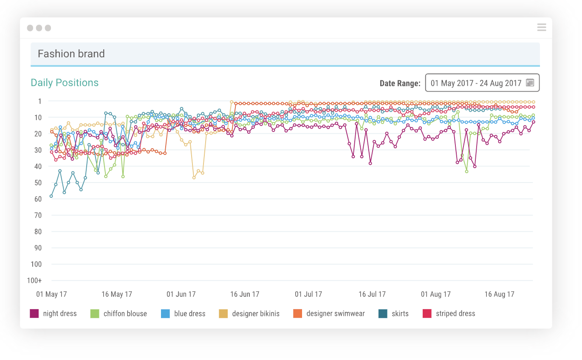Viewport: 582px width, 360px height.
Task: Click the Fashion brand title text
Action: point(71,54)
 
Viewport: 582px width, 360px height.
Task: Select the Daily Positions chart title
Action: point(65,83)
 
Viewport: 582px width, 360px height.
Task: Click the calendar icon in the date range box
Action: point(530,83)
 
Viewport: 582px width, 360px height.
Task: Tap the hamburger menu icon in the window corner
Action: point(541,28)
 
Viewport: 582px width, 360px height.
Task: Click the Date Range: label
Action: point(400,83)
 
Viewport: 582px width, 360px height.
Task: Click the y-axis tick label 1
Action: point(40,101)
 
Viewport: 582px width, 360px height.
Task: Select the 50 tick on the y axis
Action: point(38,183)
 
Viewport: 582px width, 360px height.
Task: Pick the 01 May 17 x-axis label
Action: point(51,294)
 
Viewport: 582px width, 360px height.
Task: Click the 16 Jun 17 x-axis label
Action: point(245,294)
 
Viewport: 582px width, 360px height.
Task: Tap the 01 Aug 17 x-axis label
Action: point(436,294)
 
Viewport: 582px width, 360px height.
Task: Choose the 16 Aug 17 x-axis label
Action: point(499,294)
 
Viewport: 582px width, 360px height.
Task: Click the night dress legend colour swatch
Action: point(34,314)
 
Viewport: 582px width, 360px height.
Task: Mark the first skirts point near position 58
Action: point(51,196)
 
